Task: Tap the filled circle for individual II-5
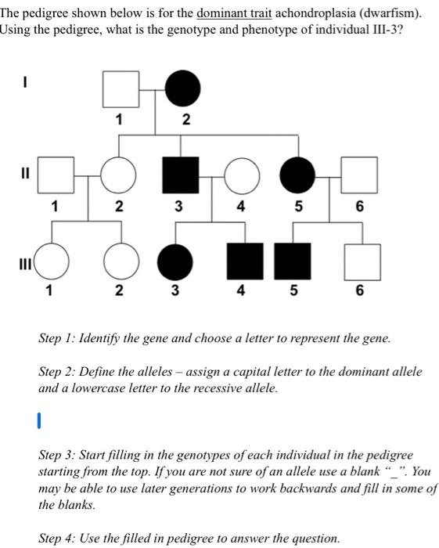(297, 175)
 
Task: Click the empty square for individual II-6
(359, 175)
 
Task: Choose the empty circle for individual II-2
(117, 175)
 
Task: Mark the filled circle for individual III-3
(174, 261)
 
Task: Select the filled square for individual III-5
(293, 261)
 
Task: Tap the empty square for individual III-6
(360, 261)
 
